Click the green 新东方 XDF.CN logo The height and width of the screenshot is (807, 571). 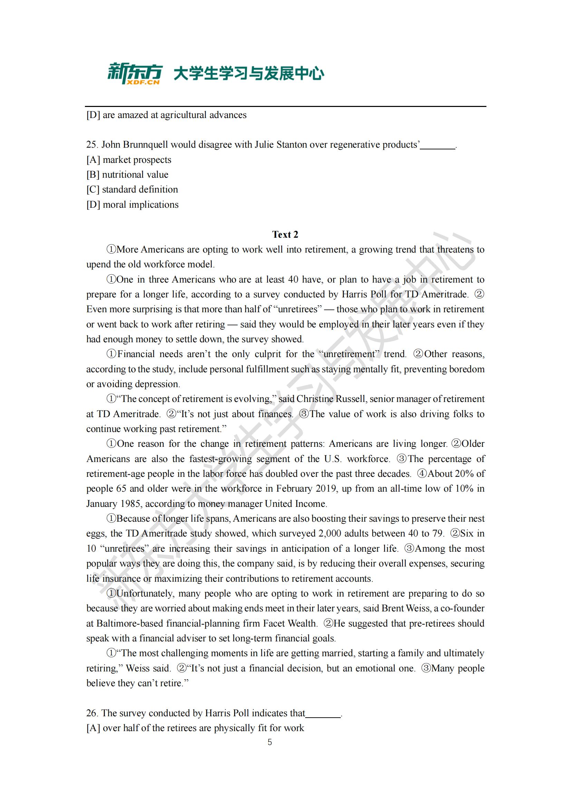point(135,73)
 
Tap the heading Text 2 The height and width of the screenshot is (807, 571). point(285,234)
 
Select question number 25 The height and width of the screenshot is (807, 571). point(92,145)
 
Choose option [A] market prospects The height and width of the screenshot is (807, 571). point(129,160)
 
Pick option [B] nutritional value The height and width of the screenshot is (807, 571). point(127,175)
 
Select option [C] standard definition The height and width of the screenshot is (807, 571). point(132,189)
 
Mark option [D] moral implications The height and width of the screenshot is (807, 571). point(133,205)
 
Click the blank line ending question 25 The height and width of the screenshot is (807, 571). point(438,147)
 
